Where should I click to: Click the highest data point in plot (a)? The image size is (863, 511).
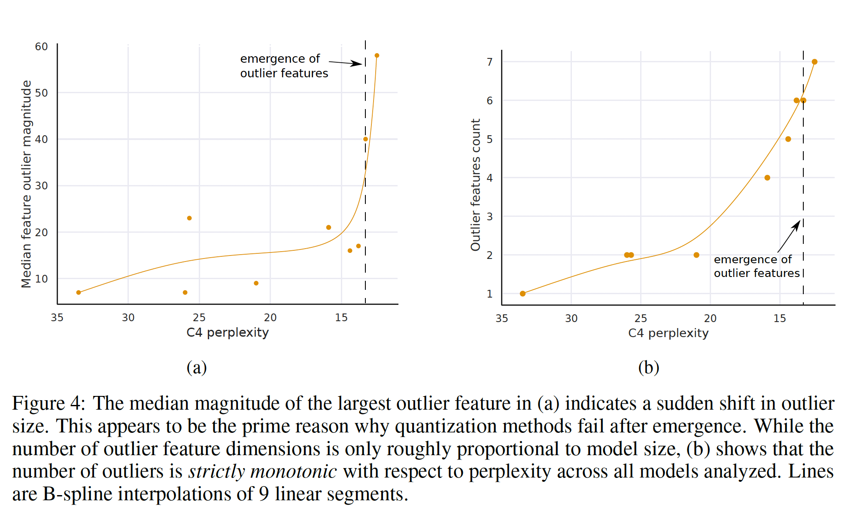(x=377, y=55)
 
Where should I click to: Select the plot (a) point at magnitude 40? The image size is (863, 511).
(x=365, y=139)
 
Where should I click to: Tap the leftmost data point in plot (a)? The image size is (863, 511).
(x=79, y=292)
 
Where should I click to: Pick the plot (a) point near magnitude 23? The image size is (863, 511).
(x=189, y=218)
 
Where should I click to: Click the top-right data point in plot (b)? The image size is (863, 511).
(x=814, y=62)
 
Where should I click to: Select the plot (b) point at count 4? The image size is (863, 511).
(x=767, y=178)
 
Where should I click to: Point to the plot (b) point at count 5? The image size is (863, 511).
(x=788, y=139)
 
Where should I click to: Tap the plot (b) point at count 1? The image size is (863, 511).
(x=523, y=294)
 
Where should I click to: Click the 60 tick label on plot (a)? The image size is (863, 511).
(x=41, y=46)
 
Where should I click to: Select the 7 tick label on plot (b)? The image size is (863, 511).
(x=489, y=62)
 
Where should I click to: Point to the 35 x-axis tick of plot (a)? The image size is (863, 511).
(x=57, y=318)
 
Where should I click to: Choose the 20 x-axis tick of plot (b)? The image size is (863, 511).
(x=710, y=319)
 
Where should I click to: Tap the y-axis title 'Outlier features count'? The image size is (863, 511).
(x=475, y=185)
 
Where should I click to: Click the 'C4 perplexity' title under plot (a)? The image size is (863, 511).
(x=228, y=332)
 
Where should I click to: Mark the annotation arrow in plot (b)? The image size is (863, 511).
(x=789, y=236)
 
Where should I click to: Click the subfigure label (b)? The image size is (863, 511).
(x=648, y=368)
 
